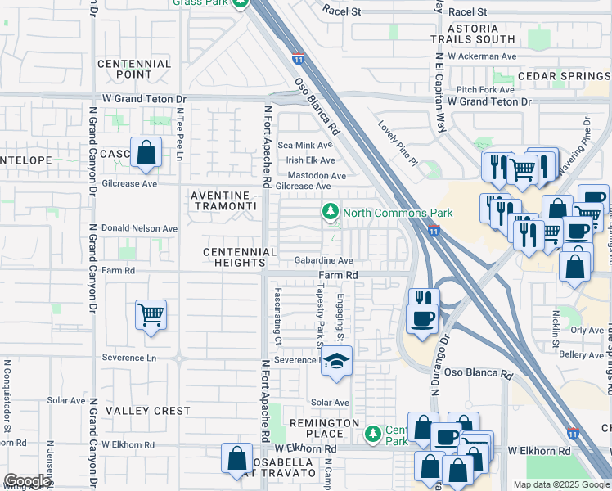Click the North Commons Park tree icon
point(331,213)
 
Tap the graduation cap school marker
point(336,362)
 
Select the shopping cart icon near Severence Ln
point(151,314)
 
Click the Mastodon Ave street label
point(316,176)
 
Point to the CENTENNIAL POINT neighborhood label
point(134,69)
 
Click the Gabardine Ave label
point(324,260)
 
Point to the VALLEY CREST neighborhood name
point(148,411)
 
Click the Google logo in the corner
point(26,481)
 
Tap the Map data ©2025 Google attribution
point(561,484)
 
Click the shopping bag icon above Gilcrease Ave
point(146,152)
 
